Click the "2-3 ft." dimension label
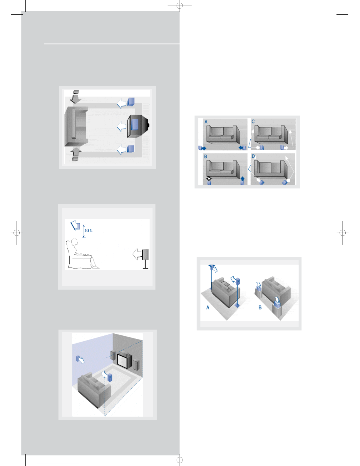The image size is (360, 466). pyautogui.click(x=88, y=231)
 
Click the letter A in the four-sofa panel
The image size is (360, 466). pyautogui.click(x=206, y=122)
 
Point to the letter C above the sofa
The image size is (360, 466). pyautogui.click(x=253, y=122)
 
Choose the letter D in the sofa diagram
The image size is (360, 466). pyautogui.click(x=253, y=156)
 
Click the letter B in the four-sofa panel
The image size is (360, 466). pyautogui.click(x=205, y=156)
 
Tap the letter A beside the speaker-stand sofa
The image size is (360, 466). pyautogui.click(x=208, y=308)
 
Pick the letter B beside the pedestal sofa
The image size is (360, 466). pyautogui.click(x=260, y=308)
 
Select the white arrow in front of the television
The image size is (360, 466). pyautogui.click(x=121, y=126)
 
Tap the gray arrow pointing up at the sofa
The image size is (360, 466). pyautogui.click(x=76, y=152)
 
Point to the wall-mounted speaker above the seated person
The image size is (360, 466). pyautogui.click(x=78, y=226)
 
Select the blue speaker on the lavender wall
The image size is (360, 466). pyautogui.click(x=78, y=359)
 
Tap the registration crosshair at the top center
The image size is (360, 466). pyautogui.click(x=180, y=6)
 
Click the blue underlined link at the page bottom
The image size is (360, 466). pyautogui.click(x=58, y=463)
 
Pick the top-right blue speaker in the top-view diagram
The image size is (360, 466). pyautogui.click(x=131, y=102)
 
